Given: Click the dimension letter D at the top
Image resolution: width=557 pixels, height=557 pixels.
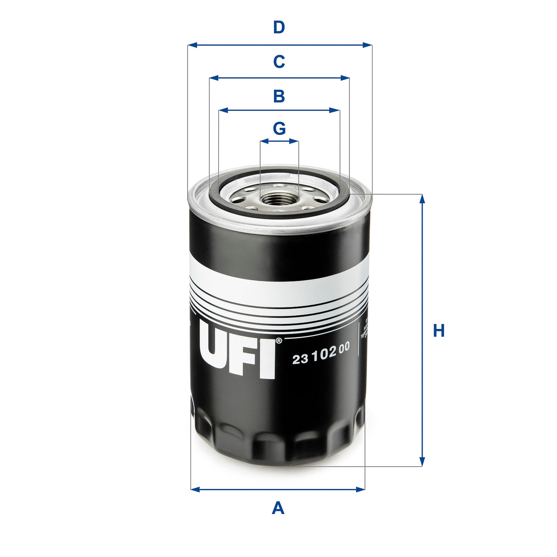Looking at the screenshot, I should pyautogui.click(x=279, y=28).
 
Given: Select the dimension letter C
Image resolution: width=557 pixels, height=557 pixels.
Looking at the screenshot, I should pyautogui.click(x=279, y=61).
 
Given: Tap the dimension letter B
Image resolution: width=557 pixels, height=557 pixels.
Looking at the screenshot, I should pyautogui.click(x=279, y=96).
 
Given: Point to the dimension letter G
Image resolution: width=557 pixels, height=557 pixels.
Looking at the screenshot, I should pyautogui.click(x=279, y=128).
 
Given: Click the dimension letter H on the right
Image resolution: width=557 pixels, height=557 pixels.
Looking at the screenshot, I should pyautogui.click(x=439, y=330).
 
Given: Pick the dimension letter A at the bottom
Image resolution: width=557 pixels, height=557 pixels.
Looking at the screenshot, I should pyautogui.click(x=278, y=508).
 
